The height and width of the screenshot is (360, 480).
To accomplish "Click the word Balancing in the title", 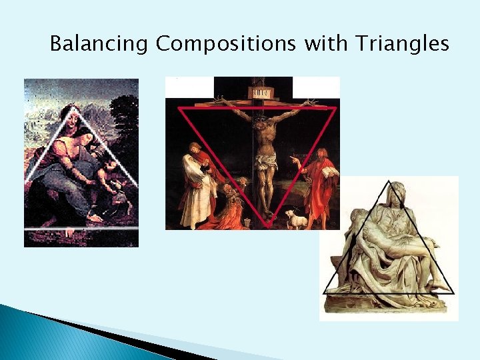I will (x=99, y=45).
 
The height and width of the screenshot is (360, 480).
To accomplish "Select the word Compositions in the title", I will (x=227, y=45).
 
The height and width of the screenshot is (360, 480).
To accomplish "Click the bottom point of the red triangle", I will (x=267, y=227).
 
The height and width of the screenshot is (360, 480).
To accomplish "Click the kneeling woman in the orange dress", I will (x=231, y=207).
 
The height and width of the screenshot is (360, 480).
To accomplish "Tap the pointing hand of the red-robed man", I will (x=294, y=161).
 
